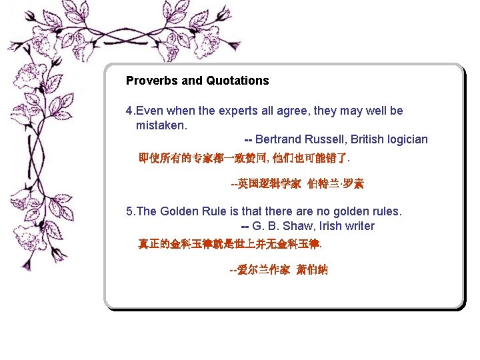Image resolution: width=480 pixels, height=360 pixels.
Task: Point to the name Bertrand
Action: click(279, 139)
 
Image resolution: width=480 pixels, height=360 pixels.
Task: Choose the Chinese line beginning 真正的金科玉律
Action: click(230, 244)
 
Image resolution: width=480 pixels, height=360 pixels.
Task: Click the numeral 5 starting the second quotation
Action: click(129, 211)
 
